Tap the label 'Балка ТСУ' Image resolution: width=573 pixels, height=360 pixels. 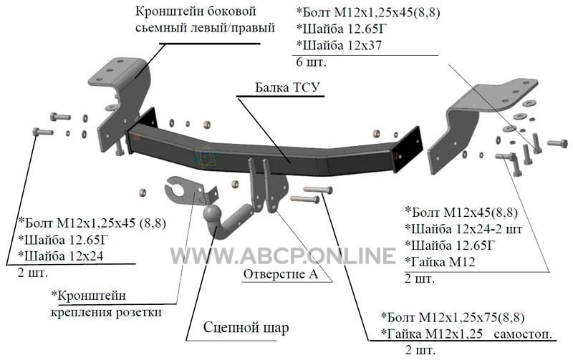click(287, 87)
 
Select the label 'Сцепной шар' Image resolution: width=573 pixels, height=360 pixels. click(246, 327)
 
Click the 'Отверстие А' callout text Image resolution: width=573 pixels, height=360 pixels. click(281, 274)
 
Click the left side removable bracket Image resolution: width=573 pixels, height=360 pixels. click(122, 99)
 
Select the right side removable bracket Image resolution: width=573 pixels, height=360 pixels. click(478, 120)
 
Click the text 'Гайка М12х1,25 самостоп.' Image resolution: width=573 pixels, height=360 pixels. click(466, 334)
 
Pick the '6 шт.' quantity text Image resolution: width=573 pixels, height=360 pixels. click(311, 62)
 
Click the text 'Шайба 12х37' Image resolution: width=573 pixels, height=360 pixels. click(339, 45)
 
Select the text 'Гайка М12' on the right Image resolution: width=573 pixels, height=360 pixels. click(440, 261)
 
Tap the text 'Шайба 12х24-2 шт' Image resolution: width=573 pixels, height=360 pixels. click(463, 228)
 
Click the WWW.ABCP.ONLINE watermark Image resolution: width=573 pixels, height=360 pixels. click(283, 255)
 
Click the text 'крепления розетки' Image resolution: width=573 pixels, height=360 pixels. click(105, 313)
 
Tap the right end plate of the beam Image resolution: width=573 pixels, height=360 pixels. click(408, 150)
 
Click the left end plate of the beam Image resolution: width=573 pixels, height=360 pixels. click(143, 126)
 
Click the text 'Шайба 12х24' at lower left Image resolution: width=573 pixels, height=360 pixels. click(61, 256)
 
